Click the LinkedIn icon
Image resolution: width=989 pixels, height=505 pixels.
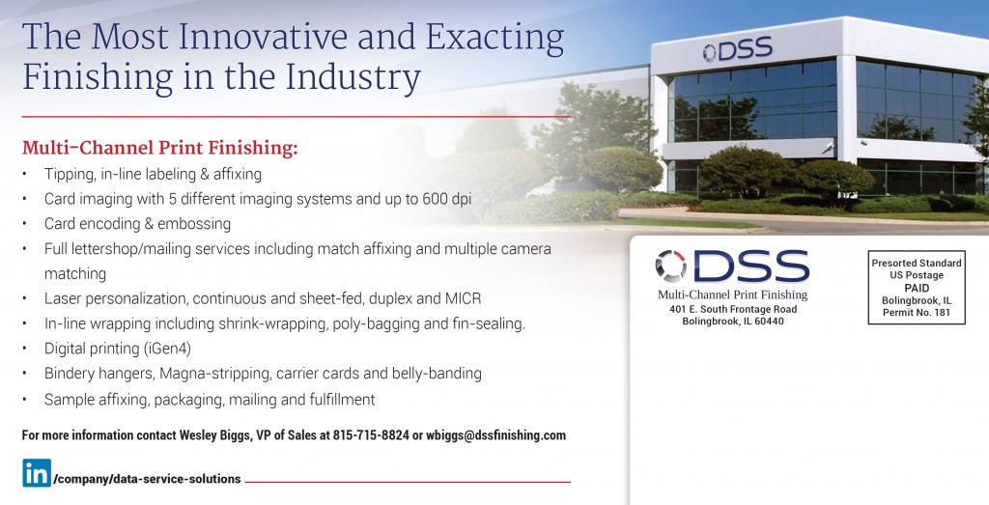tap(37, 473)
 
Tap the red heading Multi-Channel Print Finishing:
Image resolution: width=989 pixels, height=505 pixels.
tap(159, 148)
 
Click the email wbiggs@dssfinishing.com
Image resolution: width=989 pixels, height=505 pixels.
tap(495, 435)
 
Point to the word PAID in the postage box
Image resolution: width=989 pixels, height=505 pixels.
tap(917, 288)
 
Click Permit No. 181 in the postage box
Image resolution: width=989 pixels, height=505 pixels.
tap(917, 313)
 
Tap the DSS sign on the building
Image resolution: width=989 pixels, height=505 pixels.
tap(737, 50)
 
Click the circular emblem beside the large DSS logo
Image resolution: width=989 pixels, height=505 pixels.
tap(670, 266)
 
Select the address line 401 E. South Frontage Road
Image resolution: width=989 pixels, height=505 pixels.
tap(733, 310)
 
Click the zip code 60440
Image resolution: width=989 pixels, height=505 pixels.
tap(768, 322)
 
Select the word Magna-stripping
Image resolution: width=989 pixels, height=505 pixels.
tap(215, 374)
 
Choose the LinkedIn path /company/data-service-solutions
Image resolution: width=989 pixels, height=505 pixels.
tap(148, 479)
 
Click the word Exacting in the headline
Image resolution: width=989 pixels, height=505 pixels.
tap(494, 38)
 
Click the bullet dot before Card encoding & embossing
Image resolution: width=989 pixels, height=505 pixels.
tap(24, 224)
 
